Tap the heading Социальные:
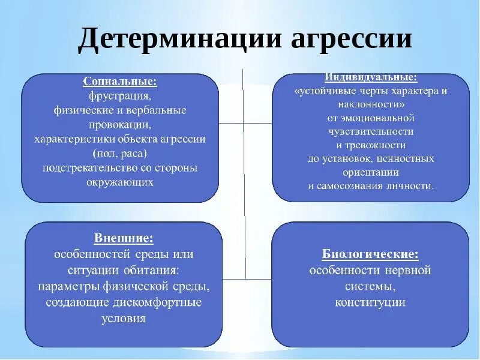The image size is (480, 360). [x=121, y=82]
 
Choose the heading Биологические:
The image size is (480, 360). [x=370, y=254]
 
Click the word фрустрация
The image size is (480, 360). [x=120, y=96]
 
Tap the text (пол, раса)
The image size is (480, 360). [x=120, y=154]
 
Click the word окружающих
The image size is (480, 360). [x=120, y=182]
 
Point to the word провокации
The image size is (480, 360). [x=120, y=125]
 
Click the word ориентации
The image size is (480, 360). [x=371, y=172]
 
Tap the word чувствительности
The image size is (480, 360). [x=371, y=131]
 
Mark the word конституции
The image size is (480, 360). [x=370, y=302]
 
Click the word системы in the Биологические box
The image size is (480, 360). [x=370, y=286]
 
